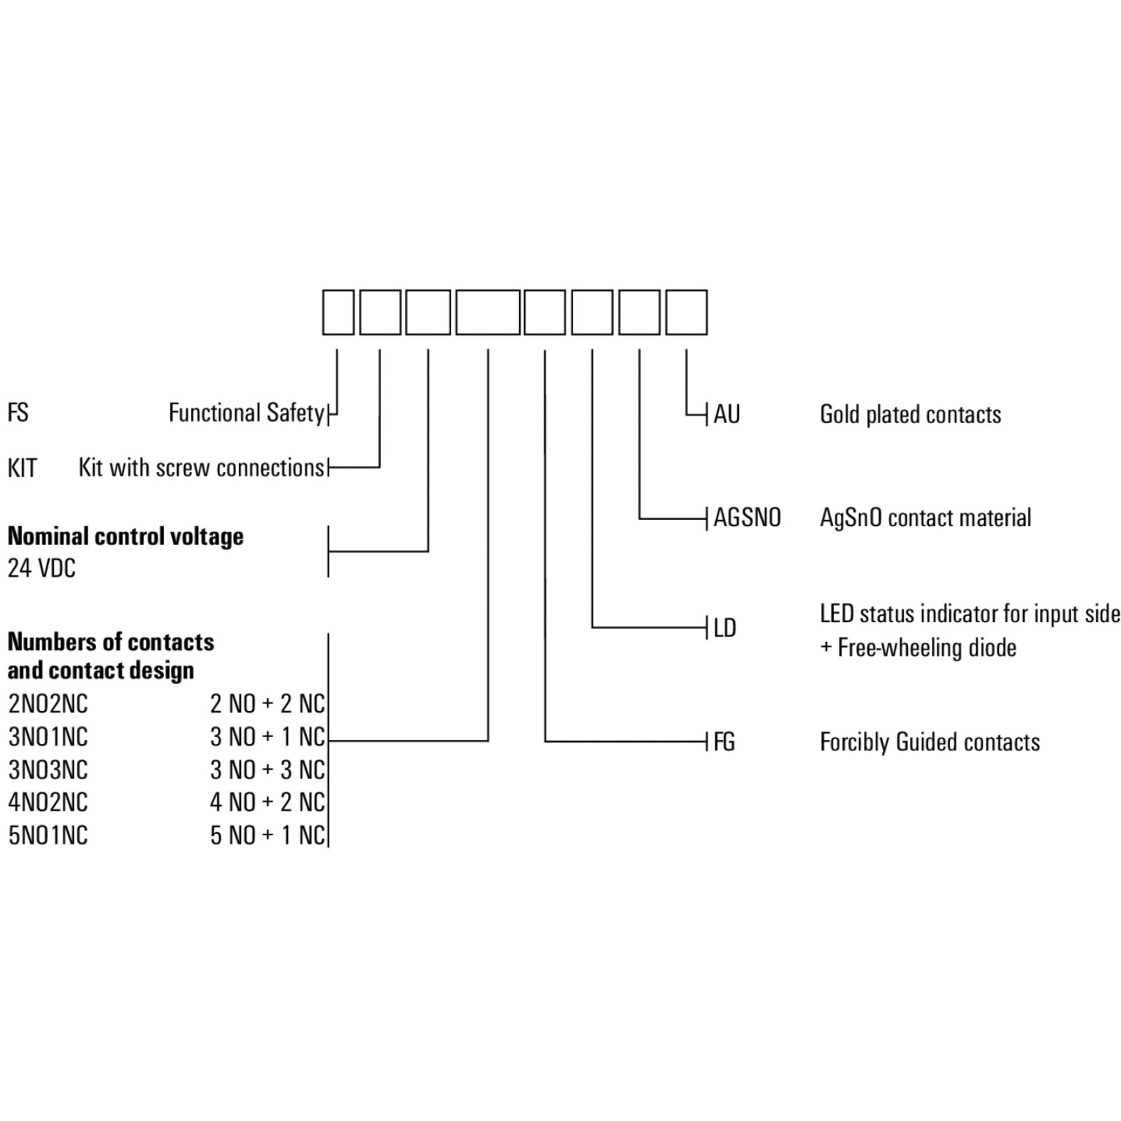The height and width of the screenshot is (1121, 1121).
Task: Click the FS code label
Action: click(x=18, y=413)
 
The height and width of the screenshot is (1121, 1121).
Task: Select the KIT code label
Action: click(x=22, y=468)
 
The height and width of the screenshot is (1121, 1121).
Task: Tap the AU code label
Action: click(x=727, y=414)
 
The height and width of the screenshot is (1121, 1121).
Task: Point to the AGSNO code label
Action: click(x=747, y=518)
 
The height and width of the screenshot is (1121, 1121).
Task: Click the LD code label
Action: click(x=725, y=628)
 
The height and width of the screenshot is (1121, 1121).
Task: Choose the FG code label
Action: click(x=724, y=742)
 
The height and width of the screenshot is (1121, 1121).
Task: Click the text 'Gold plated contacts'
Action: click(x=910, y=415)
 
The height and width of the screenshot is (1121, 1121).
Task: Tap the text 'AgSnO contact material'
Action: click(x=926, y=518)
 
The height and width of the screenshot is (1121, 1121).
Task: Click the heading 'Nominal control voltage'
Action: click(x=125, y=537)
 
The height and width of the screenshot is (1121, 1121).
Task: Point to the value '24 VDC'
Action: click(x=41, y=568)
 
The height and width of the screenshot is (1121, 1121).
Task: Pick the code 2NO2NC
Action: click(x=48, y=704)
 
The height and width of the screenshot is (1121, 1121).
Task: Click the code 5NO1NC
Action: click(x=48, y=835)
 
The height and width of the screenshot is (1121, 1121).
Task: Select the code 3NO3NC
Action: click(x=48, y=770)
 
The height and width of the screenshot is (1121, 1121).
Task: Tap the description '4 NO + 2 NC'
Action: click(x=268, y=802)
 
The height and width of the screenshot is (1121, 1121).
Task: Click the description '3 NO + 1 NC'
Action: click(x=268, y=737)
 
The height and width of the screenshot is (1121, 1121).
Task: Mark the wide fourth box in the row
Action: click(x=488, y=312)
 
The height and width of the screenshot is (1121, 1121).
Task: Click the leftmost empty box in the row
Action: click(x=338, y=312)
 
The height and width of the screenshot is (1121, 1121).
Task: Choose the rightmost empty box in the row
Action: click(x=687, y=312)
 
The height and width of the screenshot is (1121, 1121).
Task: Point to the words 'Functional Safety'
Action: click(x=247, y=413)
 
